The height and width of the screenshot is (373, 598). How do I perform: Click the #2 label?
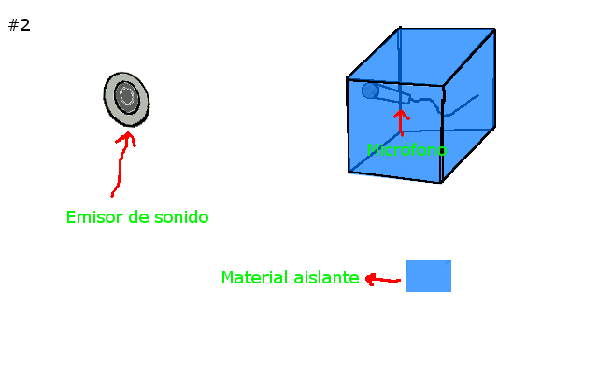19,25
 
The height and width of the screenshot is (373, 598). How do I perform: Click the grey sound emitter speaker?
126,99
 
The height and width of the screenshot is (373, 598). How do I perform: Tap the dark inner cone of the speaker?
127,97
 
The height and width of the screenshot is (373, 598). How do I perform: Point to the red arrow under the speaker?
123,164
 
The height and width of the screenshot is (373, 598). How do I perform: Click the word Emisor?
94,217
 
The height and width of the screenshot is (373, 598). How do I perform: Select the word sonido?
181,217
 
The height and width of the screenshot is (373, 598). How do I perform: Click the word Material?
255,278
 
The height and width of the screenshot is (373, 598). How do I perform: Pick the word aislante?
326,278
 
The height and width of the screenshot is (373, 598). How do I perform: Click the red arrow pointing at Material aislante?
382,280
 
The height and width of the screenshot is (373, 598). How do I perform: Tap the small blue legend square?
428,276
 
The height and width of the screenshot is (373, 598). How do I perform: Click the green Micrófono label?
406,150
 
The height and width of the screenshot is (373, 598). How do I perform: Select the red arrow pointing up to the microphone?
401,123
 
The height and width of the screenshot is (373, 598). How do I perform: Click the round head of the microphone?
370,90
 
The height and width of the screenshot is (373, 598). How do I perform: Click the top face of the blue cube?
421,56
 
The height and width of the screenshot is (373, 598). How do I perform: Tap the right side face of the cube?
469,104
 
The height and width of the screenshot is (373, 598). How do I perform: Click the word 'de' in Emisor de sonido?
138,217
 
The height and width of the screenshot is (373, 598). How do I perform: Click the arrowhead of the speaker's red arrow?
127,138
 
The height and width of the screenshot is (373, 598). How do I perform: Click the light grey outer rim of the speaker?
109,99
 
